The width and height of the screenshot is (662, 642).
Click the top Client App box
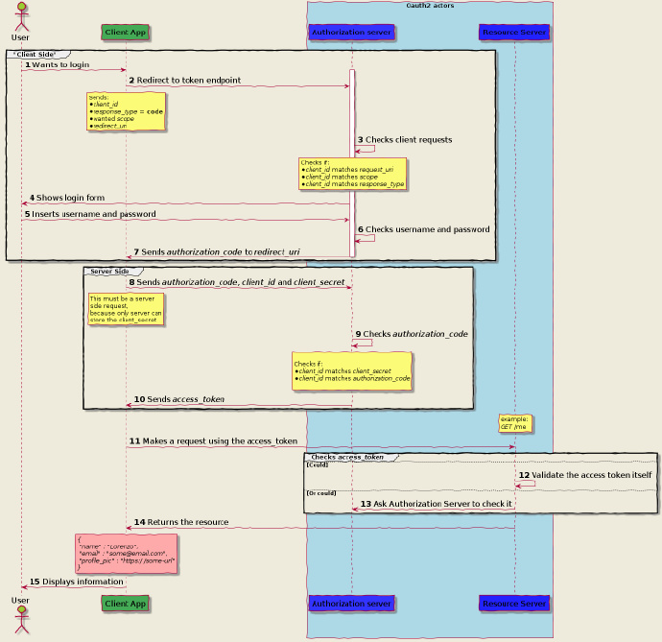tap(126, 32)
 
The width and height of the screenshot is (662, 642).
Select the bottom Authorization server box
tap(351, 603)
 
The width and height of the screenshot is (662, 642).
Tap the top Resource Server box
tap(514, 32)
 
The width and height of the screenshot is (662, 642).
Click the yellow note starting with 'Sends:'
tap(126, 111)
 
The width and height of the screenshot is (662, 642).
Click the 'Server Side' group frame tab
tap(108, 272)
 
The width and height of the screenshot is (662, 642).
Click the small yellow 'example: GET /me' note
tap(514, 422)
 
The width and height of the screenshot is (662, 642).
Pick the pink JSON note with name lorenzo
tap(126, 553)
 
